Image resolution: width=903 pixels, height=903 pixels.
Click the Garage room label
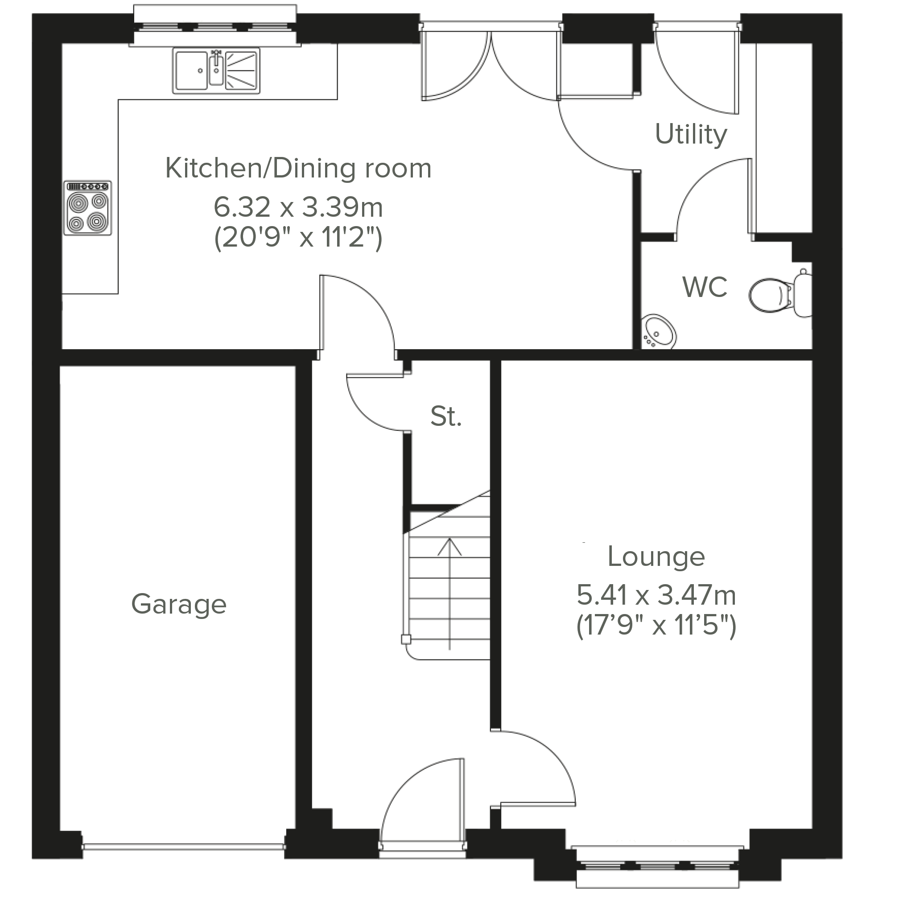click(179, 604)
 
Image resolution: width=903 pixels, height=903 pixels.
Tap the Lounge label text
click(656, 557)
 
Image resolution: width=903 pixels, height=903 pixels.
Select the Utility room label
click(691, 135)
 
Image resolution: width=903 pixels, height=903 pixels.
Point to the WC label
click(705, 287)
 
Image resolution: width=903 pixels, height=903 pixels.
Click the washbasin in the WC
click(659, 331)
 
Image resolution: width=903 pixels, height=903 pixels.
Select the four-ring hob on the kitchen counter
click(87, 207)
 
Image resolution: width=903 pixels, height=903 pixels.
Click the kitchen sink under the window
click(216, 71)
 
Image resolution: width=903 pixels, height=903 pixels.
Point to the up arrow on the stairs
click(449, 594)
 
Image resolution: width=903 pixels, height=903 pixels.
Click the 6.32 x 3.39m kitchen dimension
click(298, 207)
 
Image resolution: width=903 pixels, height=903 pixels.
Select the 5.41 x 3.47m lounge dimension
click(656, 595)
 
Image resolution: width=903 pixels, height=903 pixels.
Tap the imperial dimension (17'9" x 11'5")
click(656, 625)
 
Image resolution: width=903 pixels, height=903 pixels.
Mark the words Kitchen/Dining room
click(298, 168)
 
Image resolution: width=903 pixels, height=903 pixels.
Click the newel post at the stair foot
click(406, 639)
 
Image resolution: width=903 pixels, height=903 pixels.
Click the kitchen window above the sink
click(215, 26)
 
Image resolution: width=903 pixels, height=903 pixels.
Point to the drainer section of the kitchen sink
click(242, 70)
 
